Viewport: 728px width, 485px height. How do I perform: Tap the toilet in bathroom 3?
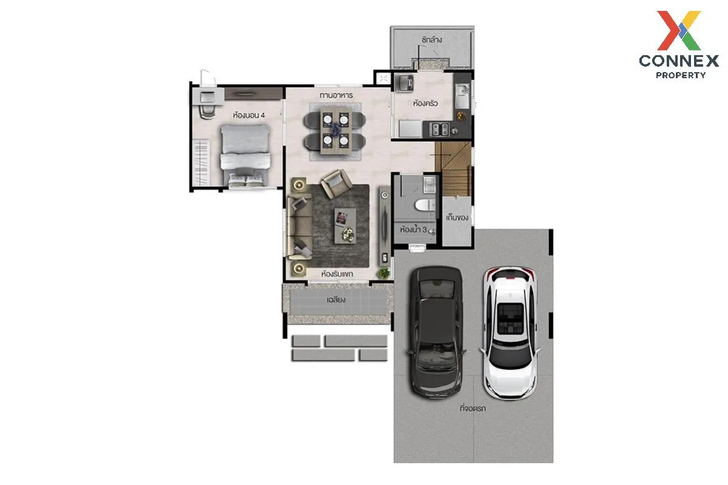425,205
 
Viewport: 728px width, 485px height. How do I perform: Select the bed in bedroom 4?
246,156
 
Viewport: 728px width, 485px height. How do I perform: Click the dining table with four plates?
335,130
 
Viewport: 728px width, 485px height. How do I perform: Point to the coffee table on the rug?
345,226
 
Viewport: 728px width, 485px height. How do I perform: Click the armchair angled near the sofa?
336,184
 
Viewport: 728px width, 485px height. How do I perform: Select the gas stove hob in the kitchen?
440,129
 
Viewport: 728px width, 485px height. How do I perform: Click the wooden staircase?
453,169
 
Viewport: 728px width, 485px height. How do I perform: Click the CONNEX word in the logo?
679,61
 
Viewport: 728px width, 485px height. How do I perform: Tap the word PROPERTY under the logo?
681,75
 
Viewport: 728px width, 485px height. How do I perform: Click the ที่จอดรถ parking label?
473,409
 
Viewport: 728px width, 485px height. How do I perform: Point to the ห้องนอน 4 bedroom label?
249,115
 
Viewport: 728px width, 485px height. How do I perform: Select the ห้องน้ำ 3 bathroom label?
413,230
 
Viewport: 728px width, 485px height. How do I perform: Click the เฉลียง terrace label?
336,299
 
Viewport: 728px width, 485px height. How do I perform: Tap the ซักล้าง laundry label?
431,40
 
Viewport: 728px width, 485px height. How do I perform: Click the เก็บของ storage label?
457,217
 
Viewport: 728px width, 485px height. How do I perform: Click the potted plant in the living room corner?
383,273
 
